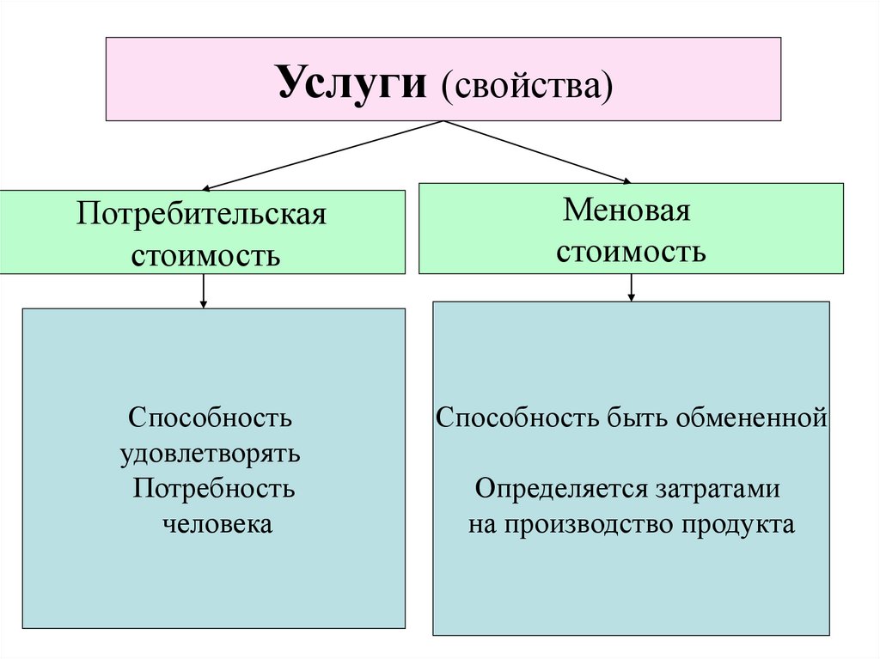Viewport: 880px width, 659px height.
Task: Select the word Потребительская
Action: pos(203,214)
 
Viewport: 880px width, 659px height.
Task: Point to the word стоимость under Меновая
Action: pos(631,252)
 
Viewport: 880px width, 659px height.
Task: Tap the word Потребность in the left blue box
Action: pos(215,489)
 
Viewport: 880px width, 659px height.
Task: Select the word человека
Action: pos(217,523)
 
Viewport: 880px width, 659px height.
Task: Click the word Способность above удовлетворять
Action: pos(211,418)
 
